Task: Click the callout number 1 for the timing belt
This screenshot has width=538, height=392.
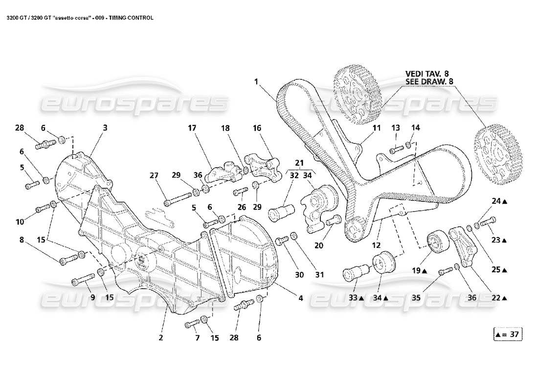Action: pos(256,81)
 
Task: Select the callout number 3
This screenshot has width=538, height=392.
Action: pos(105,127)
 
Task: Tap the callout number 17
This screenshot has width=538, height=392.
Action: pos(192,128)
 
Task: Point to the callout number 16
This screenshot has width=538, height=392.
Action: pos(257,128)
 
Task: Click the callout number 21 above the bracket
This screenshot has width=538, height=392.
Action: pos(299,162)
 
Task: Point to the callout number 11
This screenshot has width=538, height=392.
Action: pos(376,128)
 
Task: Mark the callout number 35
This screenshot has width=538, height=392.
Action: pos(428,297)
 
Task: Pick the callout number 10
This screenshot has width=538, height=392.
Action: pos(19,222)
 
